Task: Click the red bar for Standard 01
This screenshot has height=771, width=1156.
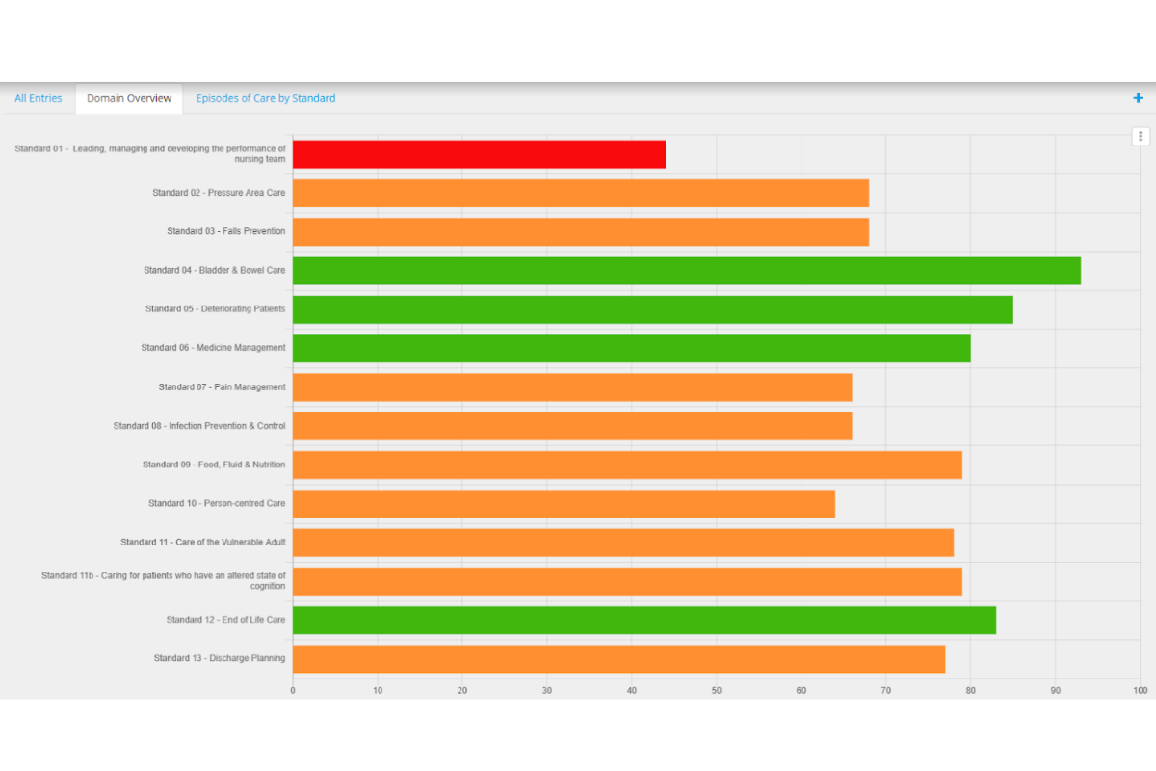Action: coord(479,154)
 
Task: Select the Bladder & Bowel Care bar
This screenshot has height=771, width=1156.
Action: coord(686,271)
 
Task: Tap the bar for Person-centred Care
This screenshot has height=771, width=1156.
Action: coord(564,504)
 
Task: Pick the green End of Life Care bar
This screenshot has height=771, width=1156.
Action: coord(644,620)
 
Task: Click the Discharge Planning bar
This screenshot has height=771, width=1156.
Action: coord(618,659)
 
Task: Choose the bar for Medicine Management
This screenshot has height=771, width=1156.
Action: coord(631,348)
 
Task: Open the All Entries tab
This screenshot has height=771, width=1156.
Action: coord(39,98)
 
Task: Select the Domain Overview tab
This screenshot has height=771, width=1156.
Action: coord(129,98)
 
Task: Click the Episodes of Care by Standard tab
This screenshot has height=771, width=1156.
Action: coord(266,98)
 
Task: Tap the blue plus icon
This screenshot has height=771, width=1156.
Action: coord(1138,98)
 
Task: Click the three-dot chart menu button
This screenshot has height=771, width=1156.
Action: coord(1141,137)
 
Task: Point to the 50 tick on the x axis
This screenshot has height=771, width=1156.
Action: coord(717,690)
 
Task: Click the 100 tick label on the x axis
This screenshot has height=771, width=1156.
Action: coord(1141,690)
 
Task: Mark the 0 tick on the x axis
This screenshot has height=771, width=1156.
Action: coord(293,690)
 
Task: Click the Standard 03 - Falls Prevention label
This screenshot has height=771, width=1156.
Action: coord(225,231)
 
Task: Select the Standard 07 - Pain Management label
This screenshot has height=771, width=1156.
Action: coord(222,387)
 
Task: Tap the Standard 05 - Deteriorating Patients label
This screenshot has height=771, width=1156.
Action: coord(215,309)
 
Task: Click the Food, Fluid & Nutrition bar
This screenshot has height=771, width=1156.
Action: coord(627,465)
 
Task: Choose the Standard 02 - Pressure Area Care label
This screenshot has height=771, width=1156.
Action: coord(219,193)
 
